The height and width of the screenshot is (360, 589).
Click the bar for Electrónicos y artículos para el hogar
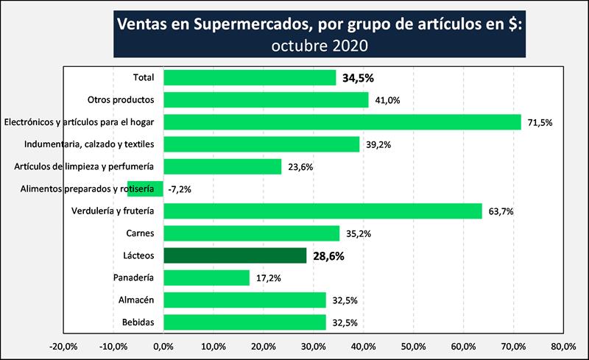tap(342, 122)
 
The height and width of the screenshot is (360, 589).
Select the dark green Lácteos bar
tap(235, 255)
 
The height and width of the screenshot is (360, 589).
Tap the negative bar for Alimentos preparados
tap(145, 189)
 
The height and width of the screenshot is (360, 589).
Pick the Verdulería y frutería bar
tap(322, 211)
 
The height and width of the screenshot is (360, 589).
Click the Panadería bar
tap(207, 278)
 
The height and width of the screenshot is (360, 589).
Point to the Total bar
tap(250, 77)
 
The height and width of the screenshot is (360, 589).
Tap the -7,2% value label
tap(181, 190)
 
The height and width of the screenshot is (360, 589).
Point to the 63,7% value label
tap(500, 212)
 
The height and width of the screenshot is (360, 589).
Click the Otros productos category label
tap(120, 100)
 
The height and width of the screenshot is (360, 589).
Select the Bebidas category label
tap(137, 322)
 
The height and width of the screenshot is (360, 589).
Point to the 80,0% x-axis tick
tap(562, 346)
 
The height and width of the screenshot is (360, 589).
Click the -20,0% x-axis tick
tap(62, 346)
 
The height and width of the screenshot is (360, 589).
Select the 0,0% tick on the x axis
tap(163, 346)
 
